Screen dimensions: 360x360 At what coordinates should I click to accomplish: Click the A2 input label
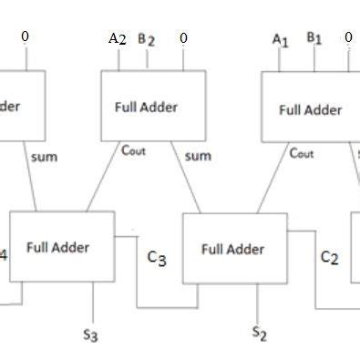tap(118, 38)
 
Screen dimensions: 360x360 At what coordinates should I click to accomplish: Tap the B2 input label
tap(146, 39)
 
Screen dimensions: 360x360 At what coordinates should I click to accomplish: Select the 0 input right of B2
tap(183, 38)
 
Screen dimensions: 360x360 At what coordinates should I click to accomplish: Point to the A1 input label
tap(280, 39)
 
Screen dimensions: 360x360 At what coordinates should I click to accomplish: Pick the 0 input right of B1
tap(348, 38)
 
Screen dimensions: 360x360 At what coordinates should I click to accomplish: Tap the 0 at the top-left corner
tap(25, 36)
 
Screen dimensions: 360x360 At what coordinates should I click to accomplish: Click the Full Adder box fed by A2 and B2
tap(146, 106)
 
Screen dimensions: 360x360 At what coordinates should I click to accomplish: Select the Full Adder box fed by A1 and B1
tap(310, 109)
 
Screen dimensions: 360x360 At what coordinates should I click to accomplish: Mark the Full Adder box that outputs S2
tap(234, 249)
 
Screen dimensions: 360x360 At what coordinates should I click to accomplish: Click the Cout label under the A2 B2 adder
tap(133, 150)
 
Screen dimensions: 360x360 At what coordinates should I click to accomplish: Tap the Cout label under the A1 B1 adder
tap(301, 153)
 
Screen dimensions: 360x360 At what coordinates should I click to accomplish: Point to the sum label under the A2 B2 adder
tap(198, 156)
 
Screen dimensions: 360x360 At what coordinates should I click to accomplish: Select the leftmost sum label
tap(43, 157)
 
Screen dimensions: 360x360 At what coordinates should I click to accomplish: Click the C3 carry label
tap(157, 258)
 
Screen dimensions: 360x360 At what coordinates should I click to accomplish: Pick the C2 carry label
tap(329, 258)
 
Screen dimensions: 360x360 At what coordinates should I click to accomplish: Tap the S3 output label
tap(89, 334)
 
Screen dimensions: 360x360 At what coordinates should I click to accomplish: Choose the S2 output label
tap(260, 333)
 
